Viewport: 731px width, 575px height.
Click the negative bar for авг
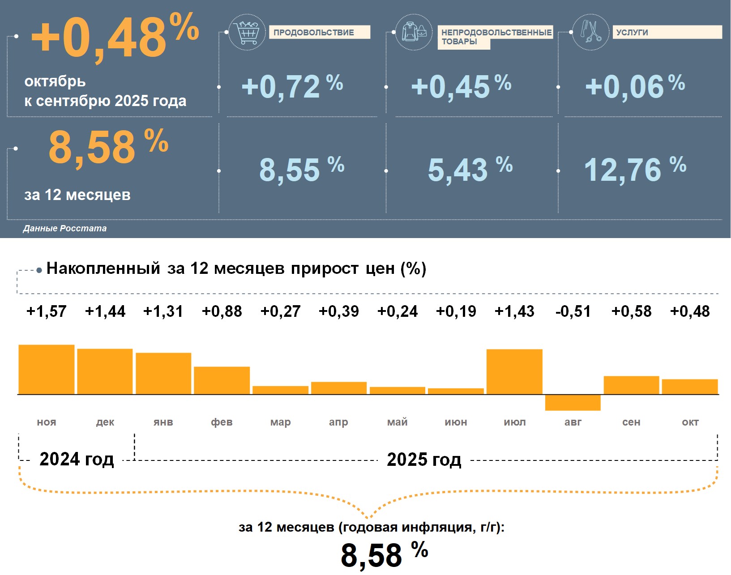pyautogui.click(x=573, y=402)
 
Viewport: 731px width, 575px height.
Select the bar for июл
pyautogui.click(x=514, y=371)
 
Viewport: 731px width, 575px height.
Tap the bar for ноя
pyautogui.click(x=47, y=369)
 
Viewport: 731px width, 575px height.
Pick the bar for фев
pyautogui.click(x=222, y=380)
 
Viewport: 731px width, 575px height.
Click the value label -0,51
pyautogui.click(x=573, y=311)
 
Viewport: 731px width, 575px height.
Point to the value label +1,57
pyautogui.click(x=47, y=311)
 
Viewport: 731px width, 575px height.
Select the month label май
pyautogui.click(x=397, y=422)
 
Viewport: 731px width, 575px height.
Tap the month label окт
pyautogui.click(x=690, y=422)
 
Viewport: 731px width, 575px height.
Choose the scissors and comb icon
pyautogui.click(x=590, y=32)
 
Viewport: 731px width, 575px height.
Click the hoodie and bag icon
pyautogui.click(x=414, y=32)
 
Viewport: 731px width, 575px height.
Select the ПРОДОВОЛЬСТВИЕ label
pyautogui.click(x=319, y=32)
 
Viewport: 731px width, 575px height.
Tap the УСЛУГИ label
pyautogui.click(x=667, y=32)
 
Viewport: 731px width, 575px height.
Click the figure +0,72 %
pyautogui.click(x=292, y=86)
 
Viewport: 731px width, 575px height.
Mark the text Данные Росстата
pyautogui.click(x=65, y=228)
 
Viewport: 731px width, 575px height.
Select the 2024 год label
pyautogui.click(x=77, y=459)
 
